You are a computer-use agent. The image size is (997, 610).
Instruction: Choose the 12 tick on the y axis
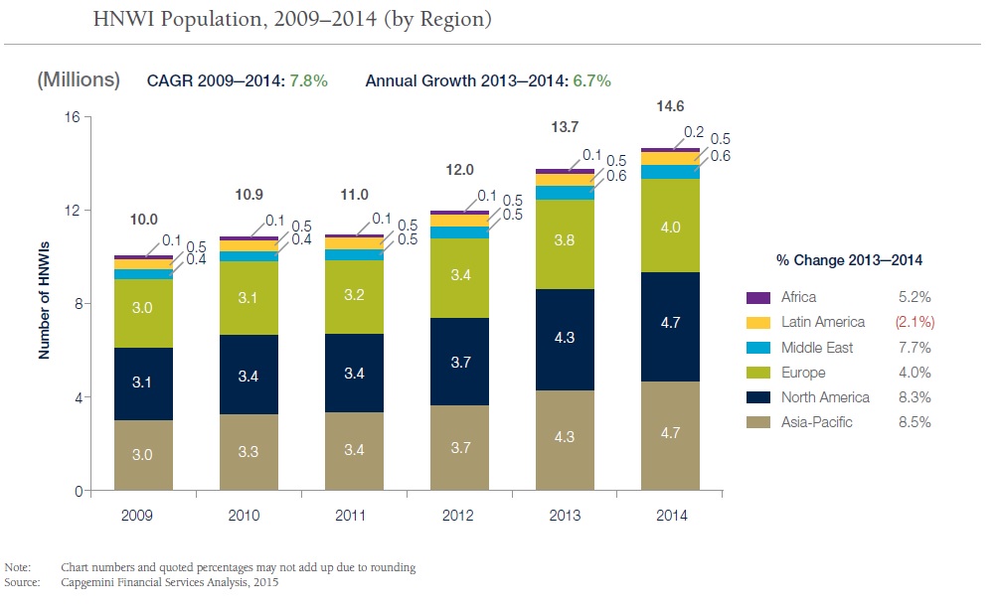pos(73,211)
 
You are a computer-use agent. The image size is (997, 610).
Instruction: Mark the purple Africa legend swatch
pos(758,297)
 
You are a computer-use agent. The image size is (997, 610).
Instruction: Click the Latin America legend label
pos(823,322)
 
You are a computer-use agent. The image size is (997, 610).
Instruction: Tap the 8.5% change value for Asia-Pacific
pos(914,422)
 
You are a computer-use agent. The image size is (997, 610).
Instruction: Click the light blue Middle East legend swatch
pos(758,348)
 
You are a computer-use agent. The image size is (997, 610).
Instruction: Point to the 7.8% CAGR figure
pos(308,80)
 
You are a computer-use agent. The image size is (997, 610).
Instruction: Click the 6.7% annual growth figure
pos(590,80)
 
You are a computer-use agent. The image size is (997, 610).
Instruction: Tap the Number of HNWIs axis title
pos(45,303)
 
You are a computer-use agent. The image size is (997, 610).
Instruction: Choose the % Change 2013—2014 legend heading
pos(849,260)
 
